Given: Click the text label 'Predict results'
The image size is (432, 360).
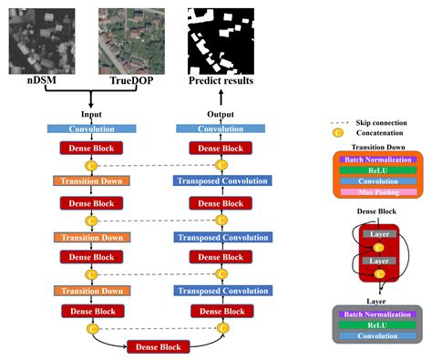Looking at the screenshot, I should pos(221,80).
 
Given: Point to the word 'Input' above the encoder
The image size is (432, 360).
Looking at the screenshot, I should pos(91,116).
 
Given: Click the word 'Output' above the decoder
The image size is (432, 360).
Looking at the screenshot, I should pos(220,116).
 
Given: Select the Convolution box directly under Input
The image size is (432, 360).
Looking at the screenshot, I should pos(91,129).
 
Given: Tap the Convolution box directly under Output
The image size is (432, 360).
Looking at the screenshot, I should pos(220,129).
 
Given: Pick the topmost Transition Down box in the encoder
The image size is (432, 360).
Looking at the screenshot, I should pos(91,180).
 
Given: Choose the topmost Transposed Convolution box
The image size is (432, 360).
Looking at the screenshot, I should pos(220,180).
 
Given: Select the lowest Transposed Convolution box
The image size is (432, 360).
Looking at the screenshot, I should pos(220,292).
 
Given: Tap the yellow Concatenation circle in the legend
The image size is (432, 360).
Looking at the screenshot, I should pos(339,132).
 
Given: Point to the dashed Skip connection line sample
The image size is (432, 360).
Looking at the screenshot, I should pos(339,120).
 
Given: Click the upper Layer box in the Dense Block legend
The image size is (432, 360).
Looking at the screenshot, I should pos(377,234).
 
